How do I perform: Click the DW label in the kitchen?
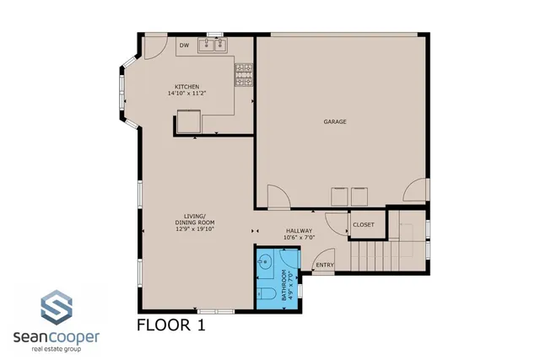183,46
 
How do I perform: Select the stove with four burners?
244,75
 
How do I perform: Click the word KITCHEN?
187,87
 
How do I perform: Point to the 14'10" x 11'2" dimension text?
187,94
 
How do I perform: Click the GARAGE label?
335,121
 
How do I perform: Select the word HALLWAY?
299,230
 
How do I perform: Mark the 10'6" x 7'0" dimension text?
299,237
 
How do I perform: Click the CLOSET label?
364,224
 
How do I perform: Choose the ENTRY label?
324,266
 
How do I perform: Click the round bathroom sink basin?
265,261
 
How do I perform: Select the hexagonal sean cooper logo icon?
56,308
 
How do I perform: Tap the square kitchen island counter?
188,124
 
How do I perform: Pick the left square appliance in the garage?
339,196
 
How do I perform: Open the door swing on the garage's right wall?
416,191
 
